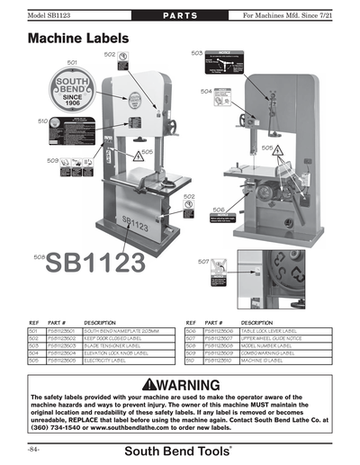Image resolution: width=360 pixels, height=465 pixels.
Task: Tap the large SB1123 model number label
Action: coord(94,262)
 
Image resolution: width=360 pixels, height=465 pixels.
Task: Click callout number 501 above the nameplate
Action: coord(71,62)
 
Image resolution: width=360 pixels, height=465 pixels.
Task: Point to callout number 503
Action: coord(197,53)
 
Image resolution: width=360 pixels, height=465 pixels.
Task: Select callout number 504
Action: coord(206,91)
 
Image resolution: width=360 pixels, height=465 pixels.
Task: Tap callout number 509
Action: coord(52,160)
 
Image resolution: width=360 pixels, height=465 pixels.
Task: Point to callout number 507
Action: coord(203,261)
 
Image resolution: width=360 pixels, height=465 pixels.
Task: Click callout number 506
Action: coord(219,209)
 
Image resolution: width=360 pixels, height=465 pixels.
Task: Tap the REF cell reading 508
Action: coord(190,344)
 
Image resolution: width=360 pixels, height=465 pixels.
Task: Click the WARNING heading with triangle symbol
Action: coord(180,385)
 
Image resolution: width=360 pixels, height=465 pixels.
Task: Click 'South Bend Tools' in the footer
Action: coord(180,449)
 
